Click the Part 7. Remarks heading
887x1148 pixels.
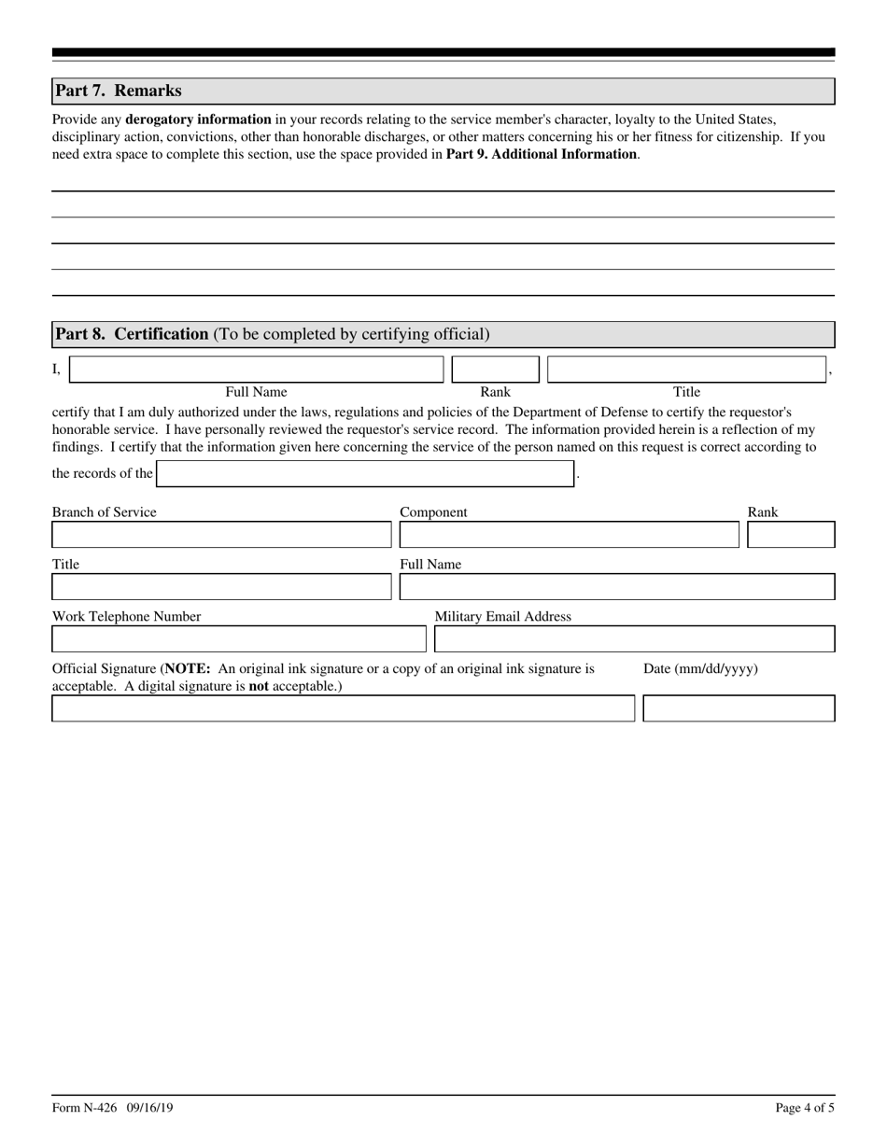point(119,91)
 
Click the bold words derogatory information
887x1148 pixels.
point(198,119)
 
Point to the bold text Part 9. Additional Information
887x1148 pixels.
point(542,154)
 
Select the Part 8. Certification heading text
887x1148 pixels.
point(132,334)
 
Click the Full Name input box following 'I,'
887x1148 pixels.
point(257,370)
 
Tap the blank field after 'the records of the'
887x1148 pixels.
point(365,474)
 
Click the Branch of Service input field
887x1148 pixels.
point(221,535)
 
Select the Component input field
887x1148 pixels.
point(569,535)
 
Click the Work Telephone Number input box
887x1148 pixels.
point(238,639)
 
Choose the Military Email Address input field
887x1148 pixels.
point(635,639)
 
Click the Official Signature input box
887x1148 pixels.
point(343,708)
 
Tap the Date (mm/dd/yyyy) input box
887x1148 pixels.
point(739,708)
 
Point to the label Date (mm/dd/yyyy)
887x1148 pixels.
point(700,669)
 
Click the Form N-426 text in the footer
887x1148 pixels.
point(85,1108)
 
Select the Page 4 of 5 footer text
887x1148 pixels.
point(805,1108)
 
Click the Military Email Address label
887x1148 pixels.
point(502,617)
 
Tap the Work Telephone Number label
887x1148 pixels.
point(126,617)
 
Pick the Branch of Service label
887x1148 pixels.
point(105,512)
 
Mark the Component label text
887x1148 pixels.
point(433,512)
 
